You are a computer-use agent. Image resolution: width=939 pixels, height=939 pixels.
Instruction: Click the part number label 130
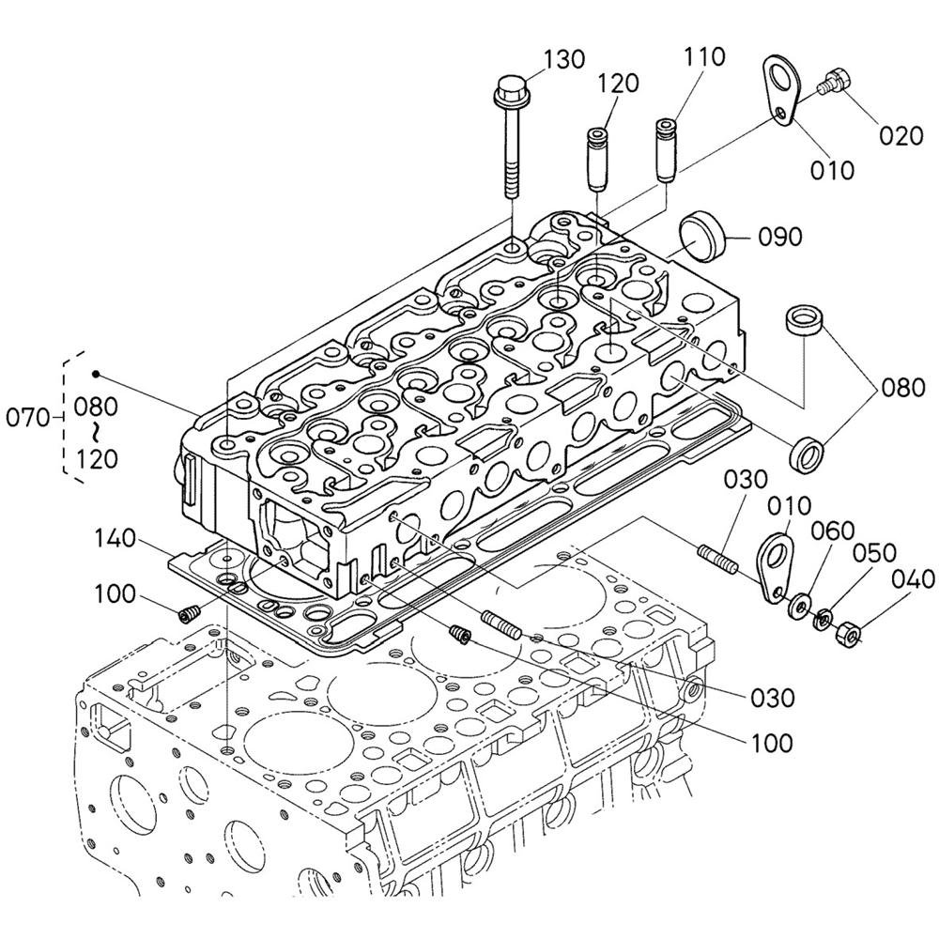tap(564, 59)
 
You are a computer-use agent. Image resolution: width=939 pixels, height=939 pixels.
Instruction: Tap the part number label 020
tap(901, 136)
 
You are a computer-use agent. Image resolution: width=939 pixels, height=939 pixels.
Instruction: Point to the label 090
tap(779, 238)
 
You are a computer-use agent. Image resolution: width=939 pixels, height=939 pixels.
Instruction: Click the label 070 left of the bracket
tap(27, 418)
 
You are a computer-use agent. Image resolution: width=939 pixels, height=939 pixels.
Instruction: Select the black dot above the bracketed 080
tap(95, 375)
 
